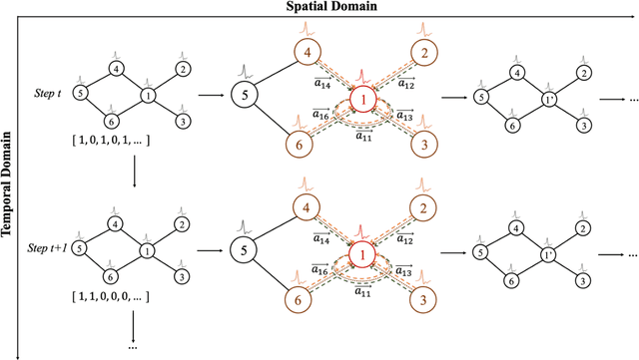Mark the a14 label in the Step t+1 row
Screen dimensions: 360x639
322,239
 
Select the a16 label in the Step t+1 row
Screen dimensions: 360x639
322,270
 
